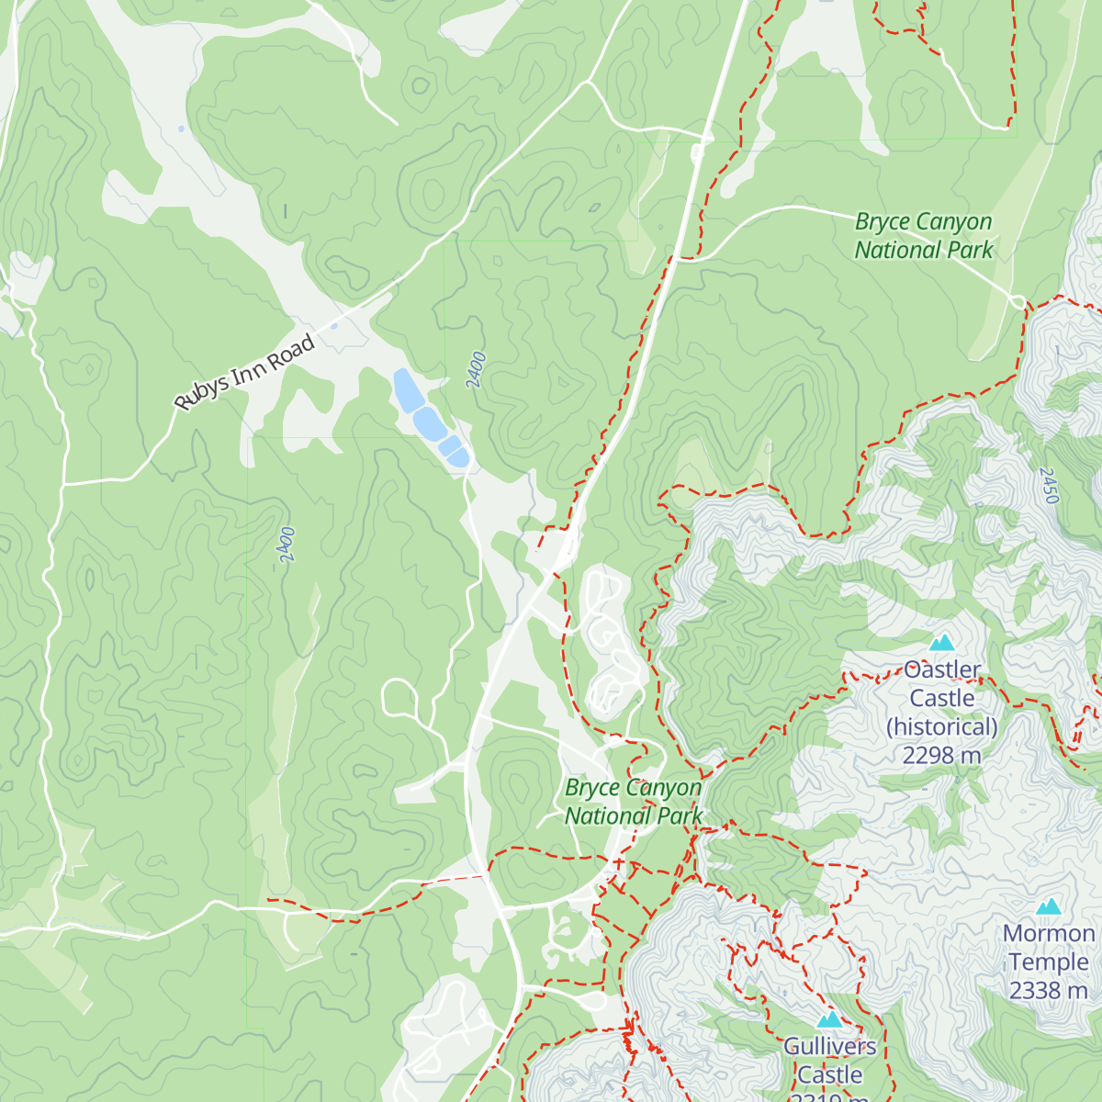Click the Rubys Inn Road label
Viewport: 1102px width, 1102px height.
pyautogui.click(x=245, y=372)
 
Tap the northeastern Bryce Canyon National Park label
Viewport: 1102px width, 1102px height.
pyautogui.click(x=924, y=236)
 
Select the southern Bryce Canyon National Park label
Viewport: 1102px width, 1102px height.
pyautogui.click(x=634, y=802)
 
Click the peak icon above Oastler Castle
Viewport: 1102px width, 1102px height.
pyautogui.click(x=942, y=643)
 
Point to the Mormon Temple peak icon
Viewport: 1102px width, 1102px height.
pyautogui.click(x=1049, y=907)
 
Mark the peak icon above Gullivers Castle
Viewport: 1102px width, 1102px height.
pyautogui.click(x=829, y=1019)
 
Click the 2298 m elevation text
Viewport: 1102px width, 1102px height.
pyautogui.click(x=941, y=756)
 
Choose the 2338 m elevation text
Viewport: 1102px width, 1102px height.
pyautogui.click(x=1048, y=991)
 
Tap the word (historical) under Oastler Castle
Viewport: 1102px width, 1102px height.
pyautogui.click(x=941, y=727)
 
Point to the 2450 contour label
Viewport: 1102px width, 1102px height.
pyautogui.click(x=1049, y=485)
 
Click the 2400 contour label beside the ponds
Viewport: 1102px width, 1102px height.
pyautogui.click(x=476, y=370)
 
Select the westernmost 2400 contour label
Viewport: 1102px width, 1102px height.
pyautogui.click(x=286, y=545)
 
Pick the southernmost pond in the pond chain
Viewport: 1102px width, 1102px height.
pyautogui.click(x=459, y=457)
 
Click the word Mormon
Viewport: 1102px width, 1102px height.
pyautogui.click(x=1049, y=934)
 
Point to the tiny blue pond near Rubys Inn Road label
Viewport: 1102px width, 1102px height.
pyautogui.click(x=333, y=325)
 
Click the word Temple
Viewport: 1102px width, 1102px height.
pyautogui.click(x=1048, y=962)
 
